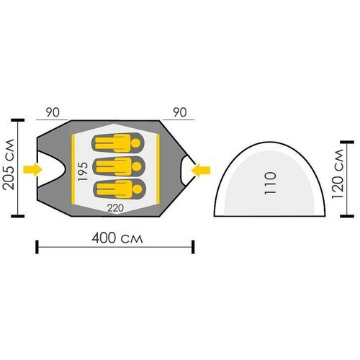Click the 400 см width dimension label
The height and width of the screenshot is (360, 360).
pos(117,238)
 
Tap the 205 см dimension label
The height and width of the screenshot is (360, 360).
pos(9,165)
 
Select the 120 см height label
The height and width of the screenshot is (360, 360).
pos(338,174)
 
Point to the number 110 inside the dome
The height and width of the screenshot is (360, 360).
pos(270,183)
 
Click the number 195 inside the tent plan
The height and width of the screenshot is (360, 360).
pos(83,171)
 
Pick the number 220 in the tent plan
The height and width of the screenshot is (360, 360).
pos(115,208)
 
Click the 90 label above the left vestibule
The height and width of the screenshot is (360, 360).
pos(53,112)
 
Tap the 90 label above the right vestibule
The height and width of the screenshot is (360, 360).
pos(180,112)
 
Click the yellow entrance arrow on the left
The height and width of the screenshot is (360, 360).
pos(33,170)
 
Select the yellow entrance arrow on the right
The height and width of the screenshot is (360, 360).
pos(201,171)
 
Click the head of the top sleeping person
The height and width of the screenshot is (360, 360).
pos(136,143)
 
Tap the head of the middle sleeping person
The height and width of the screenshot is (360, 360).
pos(137,166)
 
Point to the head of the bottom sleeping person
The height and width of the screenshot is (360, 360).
pos(138,189)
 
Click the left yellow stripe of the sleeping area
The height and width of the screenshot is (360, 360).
pos(73,170)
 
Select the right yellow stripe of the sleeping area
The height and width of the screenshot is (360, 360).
pos(158,168)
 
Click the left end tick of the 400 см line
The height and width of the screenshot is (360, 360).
pos(37,247)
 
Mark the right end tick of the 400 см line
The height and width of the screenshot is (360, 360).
pos(193,247)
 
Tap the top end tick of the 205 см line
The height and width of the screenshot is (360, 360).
pos(18,120)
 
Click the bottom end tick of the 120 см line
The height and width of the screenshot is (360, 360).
pos(347,216)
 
